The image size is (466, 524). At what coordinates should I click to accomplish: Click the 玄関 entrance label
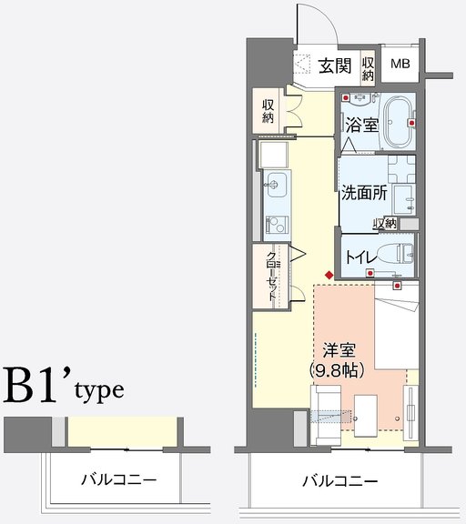(335, 65)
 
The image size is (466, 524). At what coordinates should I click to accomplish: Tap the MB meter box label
(400, 64)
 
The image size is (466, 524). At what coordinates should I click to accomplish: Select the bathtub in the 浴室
(398, 122)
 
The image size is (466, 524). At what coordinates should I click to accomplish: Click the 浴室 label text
(362, 126)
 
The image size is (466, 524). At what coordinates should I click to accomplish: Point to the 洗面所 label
(364, 193)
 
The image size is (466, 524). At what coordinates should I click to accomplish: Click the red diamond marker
(329, 276)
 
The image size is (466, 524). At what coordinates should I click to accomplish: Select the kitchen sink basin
(277, 185)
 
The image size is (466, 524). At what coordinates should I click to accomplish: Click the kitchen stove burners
(277, 225)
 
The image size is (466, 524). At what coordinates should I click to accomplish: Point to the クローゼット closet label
(271, 277)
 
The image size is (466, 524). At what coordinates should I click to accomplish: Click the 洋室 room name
(339, 350)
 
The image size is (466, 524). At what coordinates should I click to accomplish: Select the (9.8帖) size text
(337, 370)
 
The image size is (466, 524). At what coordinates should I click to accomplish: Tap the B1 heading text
(33, 384)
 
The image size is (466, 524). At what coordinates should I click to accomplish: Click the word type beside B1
(99, 390)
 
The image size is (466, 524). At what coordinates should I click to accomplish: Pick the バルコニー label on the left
(119, 480)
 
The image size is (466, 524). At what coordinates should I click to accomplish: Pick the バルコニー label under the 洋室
(340, 481)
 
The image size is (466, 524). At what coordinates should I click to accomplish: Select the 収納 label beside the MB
(368, 69)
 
